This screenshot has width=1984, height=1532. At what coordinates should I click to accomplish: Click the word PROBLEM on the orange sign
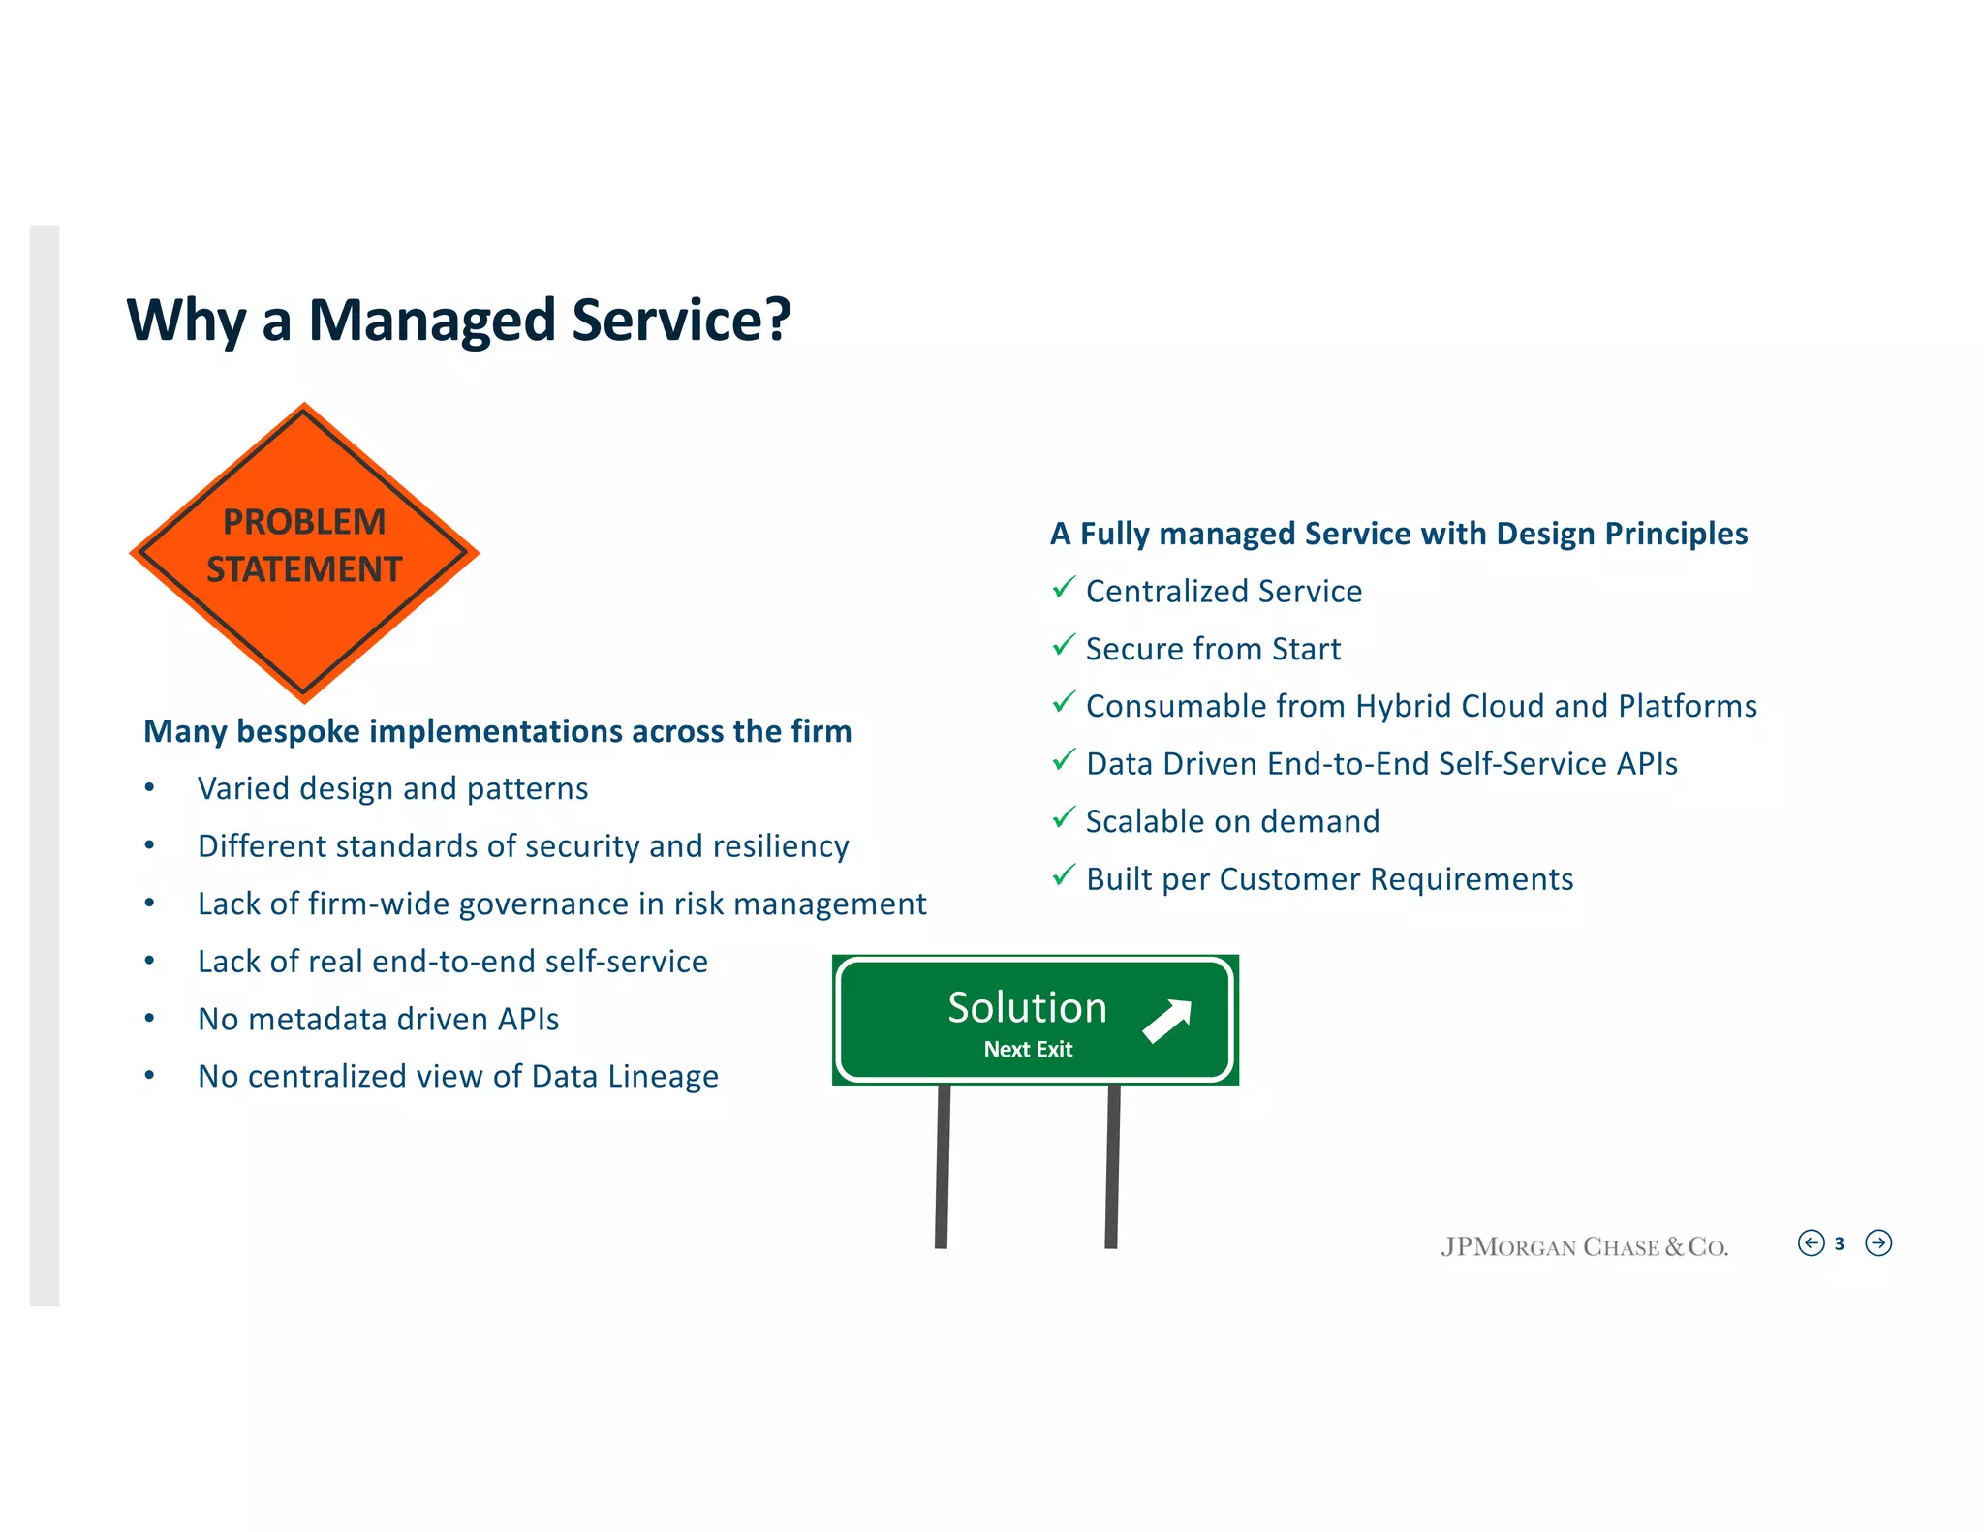[x=304, y=522]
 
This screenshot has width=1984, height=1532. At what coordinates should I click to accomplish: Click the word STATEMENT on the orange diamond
[x=304, y=569]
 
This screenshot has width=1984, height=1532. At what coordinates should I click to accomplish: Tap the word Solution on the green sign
[x=1027, y=1008]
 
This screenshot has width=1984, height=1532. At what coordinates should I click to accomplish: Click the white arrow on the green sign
[x=1167, y=1021]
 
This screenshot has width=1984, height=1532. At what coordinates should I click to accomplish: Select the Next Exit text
[x=1028, y=1050]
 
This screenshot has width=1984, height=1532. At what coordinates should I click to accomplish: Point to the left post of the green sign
[x=943, y=1166]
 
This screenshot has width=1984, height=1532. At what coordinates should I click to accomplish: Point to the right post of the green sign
[x=1113, y=1166]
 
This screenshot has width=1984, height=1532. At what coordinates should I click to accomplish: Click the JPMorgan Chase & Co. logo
[x=1584, y=1247]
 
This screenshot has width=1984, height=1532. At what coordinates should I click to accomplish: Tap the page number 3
[x=1839, y=1244]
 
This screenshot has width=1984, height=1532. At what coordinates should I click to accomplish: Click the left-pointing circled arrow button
[x=1811, y=1243]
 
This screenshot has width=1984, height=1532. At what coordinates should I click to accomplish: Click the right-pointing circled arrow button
[x=1878, y=1243]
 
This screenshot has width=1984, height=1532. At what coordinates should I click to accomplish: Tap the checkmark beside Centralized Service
[x=1064, y=588]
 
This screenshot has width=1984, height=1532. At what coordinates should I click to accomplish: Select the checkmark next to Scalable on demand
[x=1064, y=818]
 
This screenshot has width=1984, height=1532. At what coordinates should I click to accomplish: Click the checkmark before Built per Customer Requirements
[x=1064, y=875]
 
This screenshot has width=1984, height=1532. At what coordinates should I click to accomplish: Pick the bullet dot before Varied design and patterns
[x=149, y=788]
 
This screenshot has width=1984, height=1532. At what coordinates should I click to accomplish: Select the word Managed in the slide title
[x=432, y=321]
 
